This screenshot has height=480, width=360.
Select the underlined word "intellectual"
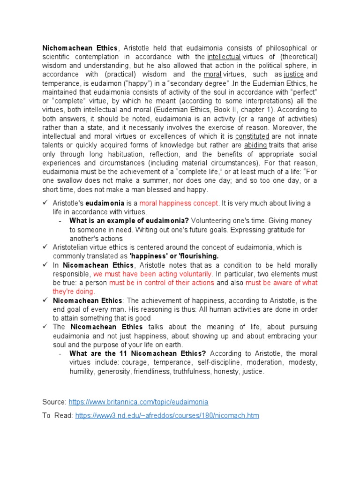click(x=224, y=56)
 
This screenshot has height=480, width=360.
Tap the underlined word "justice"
click(x=293, y=74)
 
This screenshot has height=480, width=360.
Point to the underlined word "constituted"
click(x=252, y=136)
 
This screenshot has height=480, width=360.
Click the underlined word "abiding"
click(x=255, y=145)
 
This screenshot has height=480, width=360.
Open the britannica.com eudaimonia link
click(x=138, y=402)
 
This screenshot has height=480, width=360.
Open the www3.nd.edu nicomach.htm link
click(x=167, y=415)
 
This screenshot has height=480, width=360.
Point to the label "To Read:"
click(x=58, y=415)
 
